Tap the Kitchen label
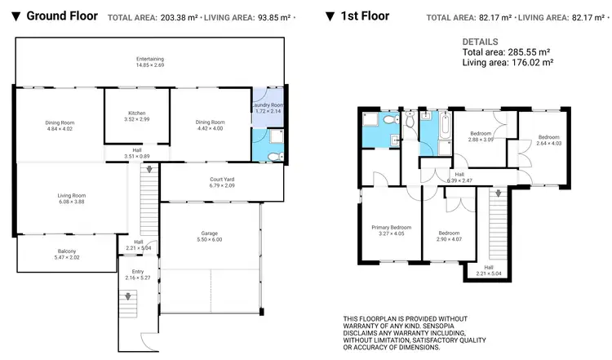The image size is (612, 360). tap(136, 116)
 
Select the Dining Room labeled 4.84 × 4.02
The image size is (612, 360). tap(59, 125)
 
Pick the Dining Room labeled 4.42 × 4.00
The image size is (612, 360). tap(210, 125)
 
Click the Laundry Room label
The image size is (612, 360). tap(267, 108)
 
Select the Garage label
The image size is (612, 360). tap(210, 236)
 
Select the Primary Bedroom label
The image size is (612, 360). tap(391, 229)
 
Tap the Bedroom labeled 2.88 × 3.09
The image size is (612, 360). tap(481, 136)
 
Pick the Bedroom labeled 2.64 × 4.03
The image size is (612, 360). tap(548, 140)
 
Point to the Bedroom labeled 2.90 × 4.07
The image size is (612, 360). tap(449, 235)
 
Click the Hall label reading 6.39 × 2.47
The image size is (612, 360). tap(459, 177)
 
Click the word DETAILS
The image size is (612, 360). tap(480, 42)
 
